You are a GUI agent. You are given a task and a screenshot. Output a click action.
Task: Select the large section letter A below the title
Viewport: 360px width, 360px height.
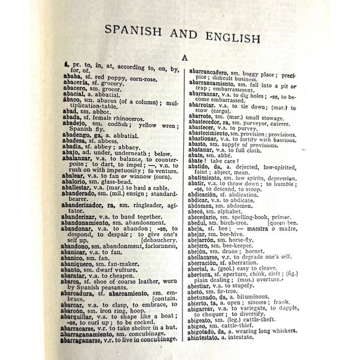(x=184, y=59)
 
